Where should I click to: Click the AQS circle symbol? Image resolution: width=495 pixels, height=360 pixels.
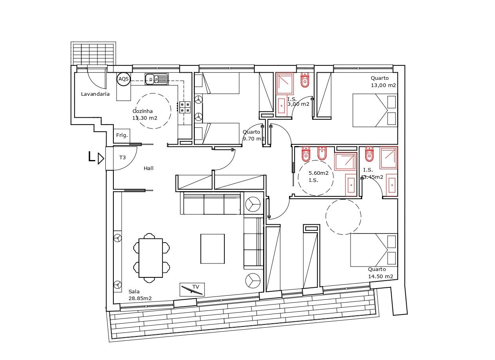[123, 79]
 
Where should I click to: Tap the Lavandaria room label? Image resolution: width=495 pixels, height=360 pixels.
[95, 94]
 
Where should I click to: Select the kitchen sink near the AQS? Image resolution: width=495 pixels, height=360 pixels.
[156, 79]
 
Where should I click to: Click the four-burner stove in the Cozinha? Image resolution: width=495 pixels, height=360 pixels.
[185, 107]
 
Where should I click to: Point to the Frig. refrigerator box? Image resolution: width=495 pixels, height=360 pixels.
[122, 136]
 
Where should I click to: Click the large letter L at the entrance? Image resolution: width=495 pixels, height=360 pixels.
[91, 157]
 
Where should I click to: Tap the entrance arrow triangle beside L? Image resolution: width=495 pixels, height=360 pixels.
[101, 158]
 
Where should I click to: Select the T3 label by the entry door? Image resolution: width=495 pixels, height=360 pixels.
[123, 157]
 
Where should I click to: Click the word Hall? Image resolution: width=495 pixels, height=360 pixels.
[148, 168]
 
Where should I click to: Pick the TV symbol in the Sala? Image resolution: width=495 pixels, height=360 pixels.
[192, 289]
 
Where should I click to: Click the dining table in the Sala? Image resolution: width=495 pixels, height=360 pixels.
[151, 258]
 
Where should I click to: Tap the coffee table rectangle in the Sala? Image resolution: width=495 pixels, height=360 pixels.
[213, 249]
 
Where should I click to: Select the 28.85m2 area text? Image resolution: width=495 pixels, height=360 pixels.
[140, 299]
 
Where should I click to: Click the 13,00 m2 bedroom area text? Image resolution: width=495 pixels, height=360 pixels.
[383, 85]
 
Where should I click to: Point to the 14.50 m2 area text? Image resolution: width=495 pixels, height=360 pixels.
[380, 277]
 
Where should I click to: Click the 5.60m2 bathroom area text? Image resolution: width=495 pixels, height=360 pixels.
[319, 173]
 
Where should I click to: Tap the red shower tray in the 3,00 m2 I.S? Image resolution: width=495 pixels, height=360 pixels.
[285, 83]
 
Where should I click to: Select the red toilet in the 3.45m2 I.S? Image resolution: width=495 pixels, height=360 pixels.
[369, 154]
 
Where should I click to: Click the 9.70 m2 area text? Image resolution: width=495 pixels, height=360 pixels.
[254, 139]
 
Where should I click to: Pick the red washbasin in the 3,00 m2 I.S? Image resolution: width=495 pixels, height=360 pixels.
[281, 106]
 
